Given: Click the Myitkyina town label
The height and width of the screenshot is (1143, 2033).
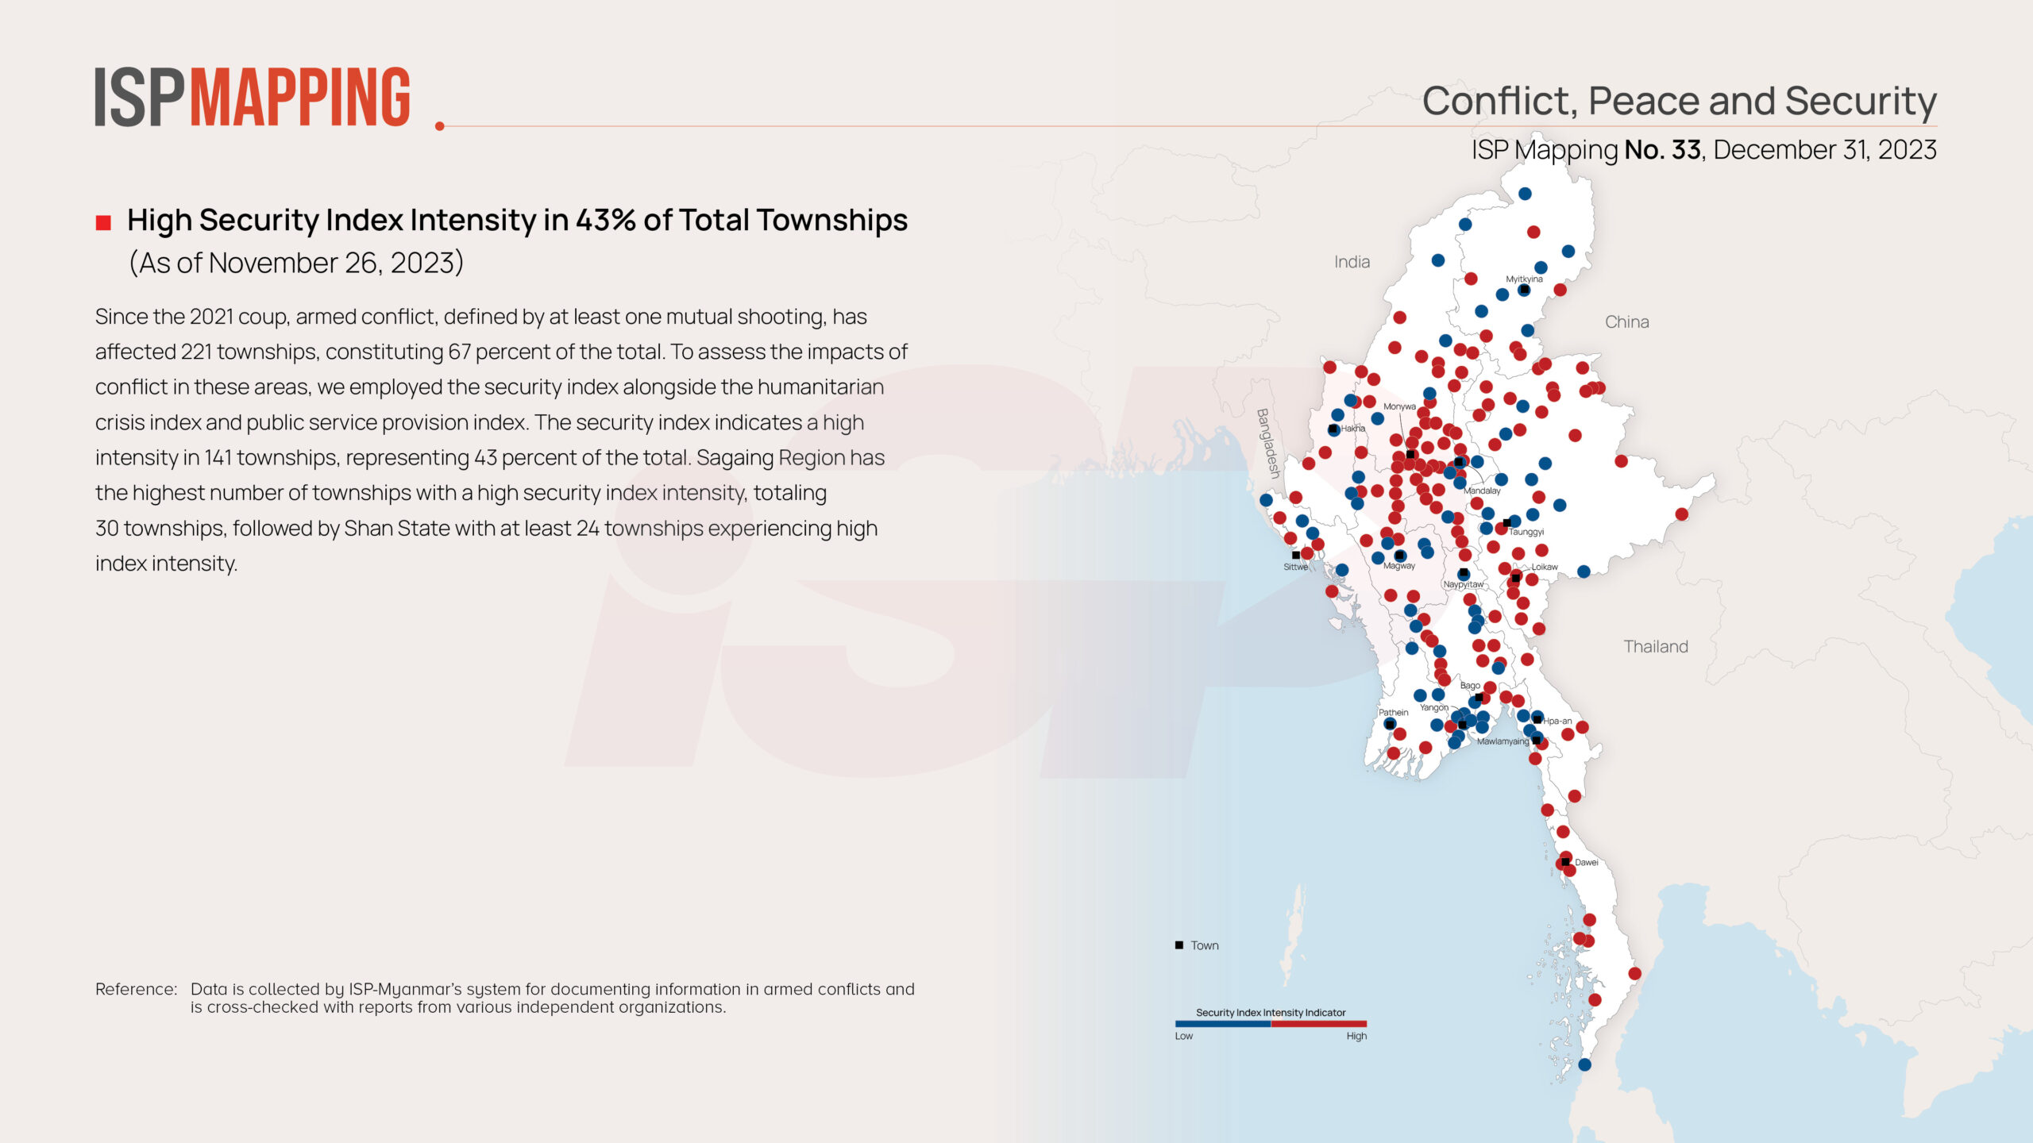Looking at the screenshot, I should (1524, 279).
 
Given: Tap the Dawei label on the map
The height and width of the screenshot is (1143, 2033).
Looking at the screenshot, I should (1586, 862).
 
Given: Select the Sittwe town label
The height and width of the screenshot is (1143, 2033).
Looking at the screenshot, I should (1295, 567).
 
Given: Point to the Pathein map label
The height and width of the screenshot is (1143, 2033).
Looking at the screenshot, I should (1393, 712).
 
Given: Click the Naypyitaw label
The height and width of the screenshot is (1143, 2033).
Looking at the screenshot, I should (1463, 584).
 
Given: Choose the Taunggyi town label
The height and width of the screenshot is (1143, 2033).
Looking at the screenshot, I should (1526, 532).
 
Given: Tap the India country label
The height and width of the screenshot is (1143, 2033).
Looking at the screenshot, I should (1352, 262).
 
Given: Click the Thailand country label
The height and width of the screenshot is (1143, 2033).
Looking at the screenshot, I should (1655, 647).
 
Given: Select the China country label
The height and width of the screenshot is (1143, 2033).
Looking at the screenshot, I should (1626, 322).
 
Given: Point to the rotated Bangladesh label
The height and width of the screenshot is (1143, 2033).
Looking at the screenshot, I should (1268, 443).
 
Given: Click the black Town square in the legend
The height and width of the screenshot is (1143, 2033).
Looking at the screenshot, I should (1179, 945).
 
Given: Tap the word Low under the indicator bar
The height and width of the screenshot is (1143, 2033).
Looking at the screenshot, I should (1183, 1036).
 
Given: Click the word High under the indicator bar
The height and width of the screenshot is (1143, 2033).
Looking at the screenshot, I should (1356, 1036).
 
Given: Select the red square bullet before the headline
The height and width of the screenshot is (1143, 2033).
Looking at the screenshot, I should (103, 222).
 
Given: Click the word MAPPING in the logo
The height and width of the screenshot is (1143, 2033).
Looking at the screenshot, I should (300, 98).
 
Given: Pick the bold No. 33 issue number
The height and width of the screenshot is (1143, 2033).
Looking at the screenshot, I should (1662, 149).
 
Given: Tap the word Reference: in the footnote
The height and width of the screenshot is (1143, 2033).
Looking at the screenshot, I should (136, 989).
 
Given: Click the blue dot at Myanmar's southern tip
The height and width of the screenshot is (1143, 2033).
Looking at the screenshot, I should (1584, 1064).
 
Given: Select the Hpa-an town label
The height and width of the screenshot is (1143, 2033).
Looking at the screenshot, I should (1557, 721).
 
